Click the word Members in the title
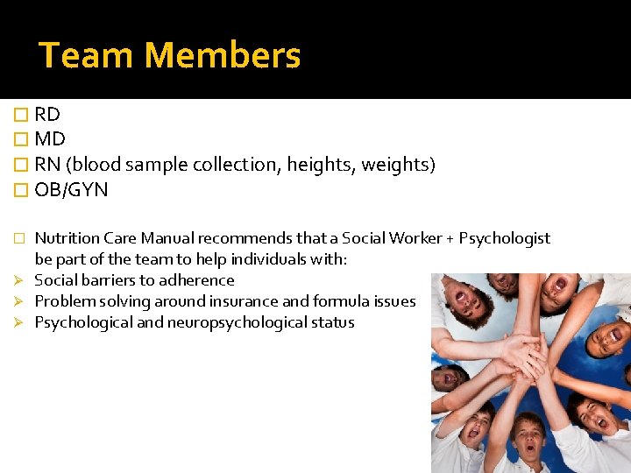(x=223, y=56)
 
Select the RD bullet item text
(x=47, y=114)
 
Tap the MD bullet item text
(x=50, y=139)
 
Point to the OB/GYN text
(x=71, y=190)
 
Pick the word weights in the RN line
(x=395, y=165)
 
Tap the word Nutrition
(x=67, y=238)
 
